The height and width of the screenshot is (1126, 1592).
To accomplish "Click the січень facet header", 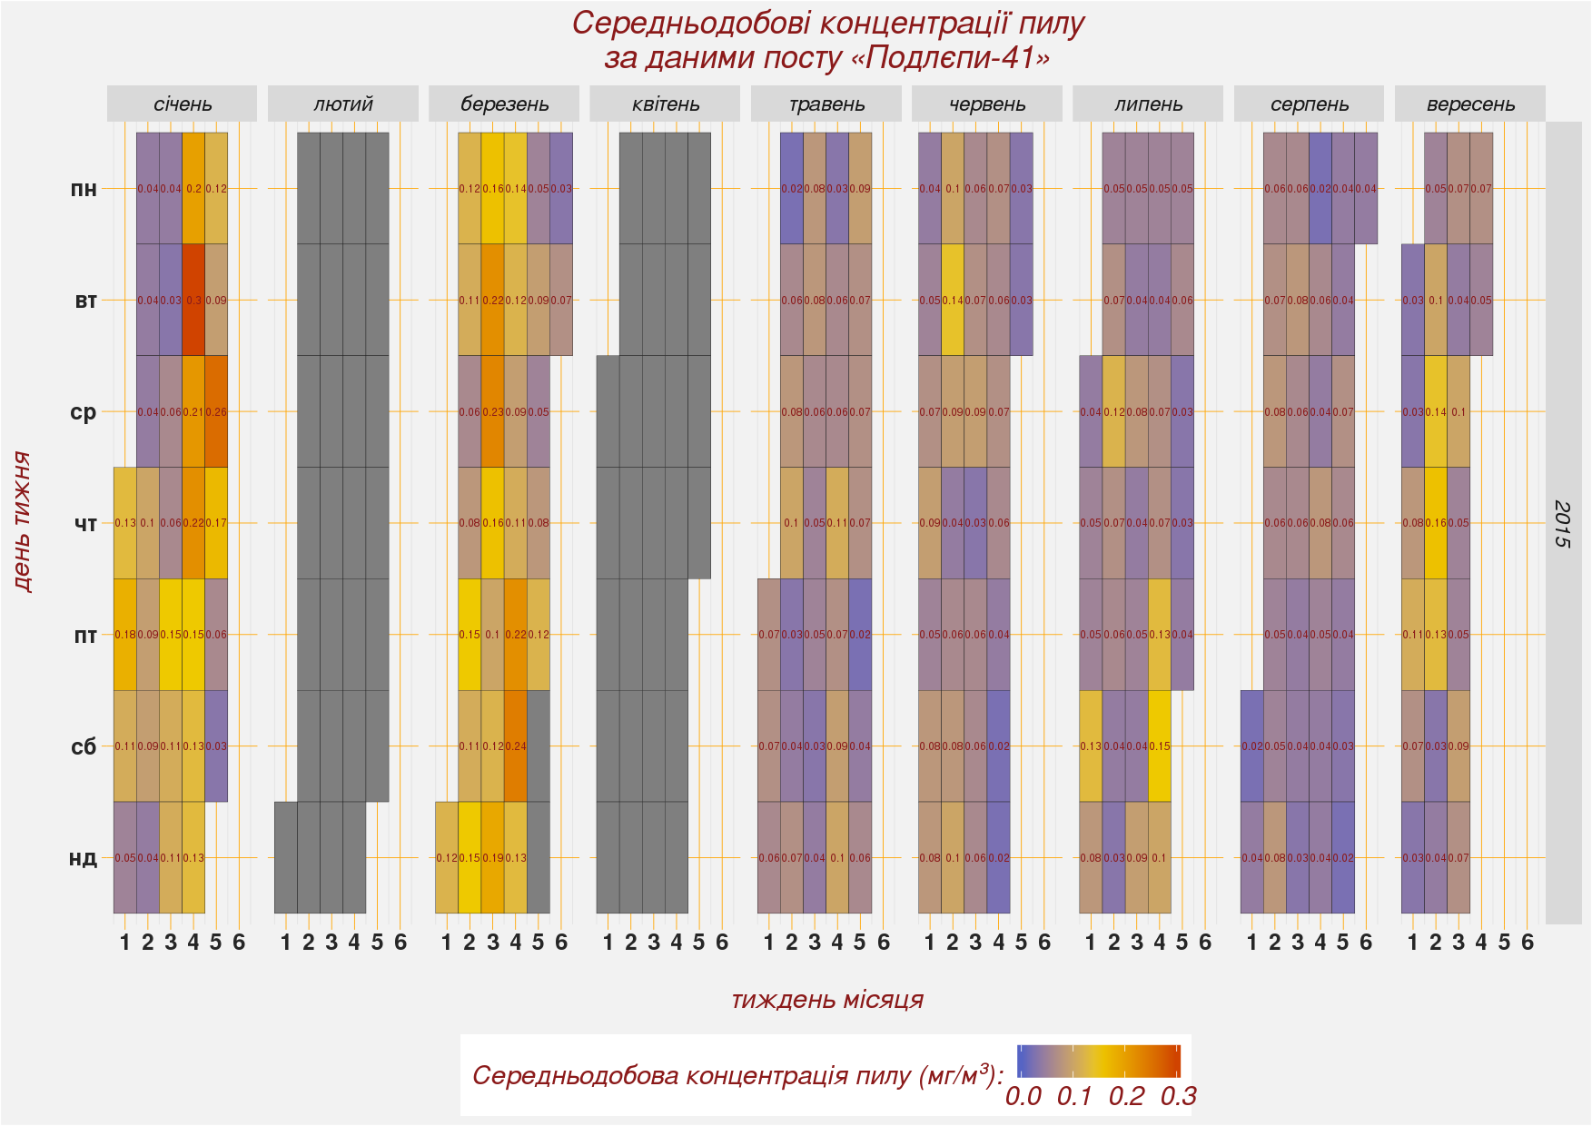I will click(x=182, y=104).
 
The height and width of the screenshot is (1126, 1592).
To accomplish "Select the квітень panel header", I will click(x=665, y=104).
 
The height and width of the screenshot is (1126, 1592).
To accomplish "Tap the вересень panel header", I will click(x=1469, y=104).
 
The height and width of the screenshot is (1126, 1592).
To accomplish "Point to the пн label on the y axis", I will click(x=84, y=189).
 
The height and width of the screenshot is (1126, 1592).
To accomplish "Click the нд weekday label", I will click(x=84, y=857).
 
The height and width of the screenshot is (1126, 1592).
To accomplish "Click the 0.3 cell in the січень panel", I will click(x=193, y=300).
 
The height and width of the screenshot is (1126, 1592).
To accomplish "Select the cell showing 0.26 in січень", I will click(x=216, y=411).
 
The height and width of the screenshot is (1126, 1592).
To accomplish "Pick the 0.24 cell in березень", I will click(x=516, y=746).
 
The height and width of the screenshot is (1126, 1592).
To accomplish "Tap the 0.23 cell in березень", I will click(x=493, y=411).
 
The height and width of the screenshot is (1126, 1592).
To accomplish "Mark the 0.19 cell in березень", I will click(x=493, y=857).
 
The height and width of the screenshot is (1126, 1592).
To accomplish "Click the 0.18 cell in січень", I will click(x=124, y=634).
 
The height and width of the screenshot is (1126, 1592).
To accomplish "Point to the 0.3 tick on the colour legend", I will click(x=1178, y=1096).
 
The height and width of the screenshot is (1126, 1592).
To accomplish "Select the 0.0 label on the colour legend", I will click(x=1023, y=1096).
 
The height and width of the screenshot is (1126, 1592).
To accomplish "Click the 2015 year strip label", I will click(x=1562, y=523).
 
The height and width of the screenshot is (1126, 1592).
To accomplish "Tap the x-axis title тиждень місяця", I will click(x=826, y=1000).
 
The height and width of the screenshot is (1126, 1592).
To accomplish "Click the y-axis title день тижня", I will click(x=23, y=523).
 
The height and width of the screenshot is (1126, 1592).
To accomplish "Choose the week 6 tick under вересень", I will click(x=1528, y=943).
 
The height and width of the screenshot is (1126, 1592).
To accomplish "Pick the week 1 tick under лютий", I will click(x=285, y=943).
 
